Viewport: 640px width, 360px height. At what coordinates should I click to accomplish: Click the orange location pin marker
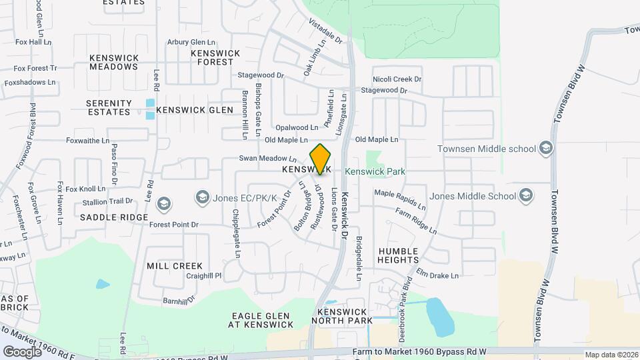(x=320, y=159)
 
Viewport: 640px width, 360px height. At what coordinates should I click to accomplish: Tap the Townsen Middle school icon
(x=546, y=147)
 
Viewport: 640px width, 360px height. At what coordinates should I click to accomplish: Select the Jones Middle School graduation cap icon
(x=526, y=195)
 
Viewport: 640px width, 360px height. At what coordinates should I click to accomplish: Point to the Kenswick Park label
(x=375, y=171)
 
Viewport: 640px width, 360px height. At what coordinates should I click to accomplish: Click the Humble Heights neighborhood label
(x=398, y=255)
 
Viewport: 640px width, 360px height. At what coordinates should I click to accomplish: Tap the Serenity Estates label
(x=109, y=107)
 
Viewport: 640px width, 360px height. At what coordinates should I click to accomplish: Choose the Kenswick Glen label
(x=195, y=110)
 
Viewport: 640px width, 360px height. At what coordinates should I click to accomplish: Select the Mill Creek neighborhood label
(x=175, y=265)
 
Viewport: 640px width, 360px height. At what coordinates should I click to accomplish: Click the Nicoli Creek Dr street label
(x=397, y=79)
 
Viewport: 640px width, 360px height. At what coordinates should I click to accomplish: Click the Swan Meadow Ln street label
(x=268, y=159)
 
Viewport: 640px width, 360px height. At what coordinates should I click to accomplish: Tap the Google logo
(x=21, y=351)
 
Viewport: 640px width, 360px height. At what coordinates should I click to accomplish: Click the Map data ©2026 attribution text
(x=611, y=355)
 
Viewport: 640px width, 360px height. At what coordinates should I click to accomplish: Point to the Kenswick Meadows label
(x=113, y=62)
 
